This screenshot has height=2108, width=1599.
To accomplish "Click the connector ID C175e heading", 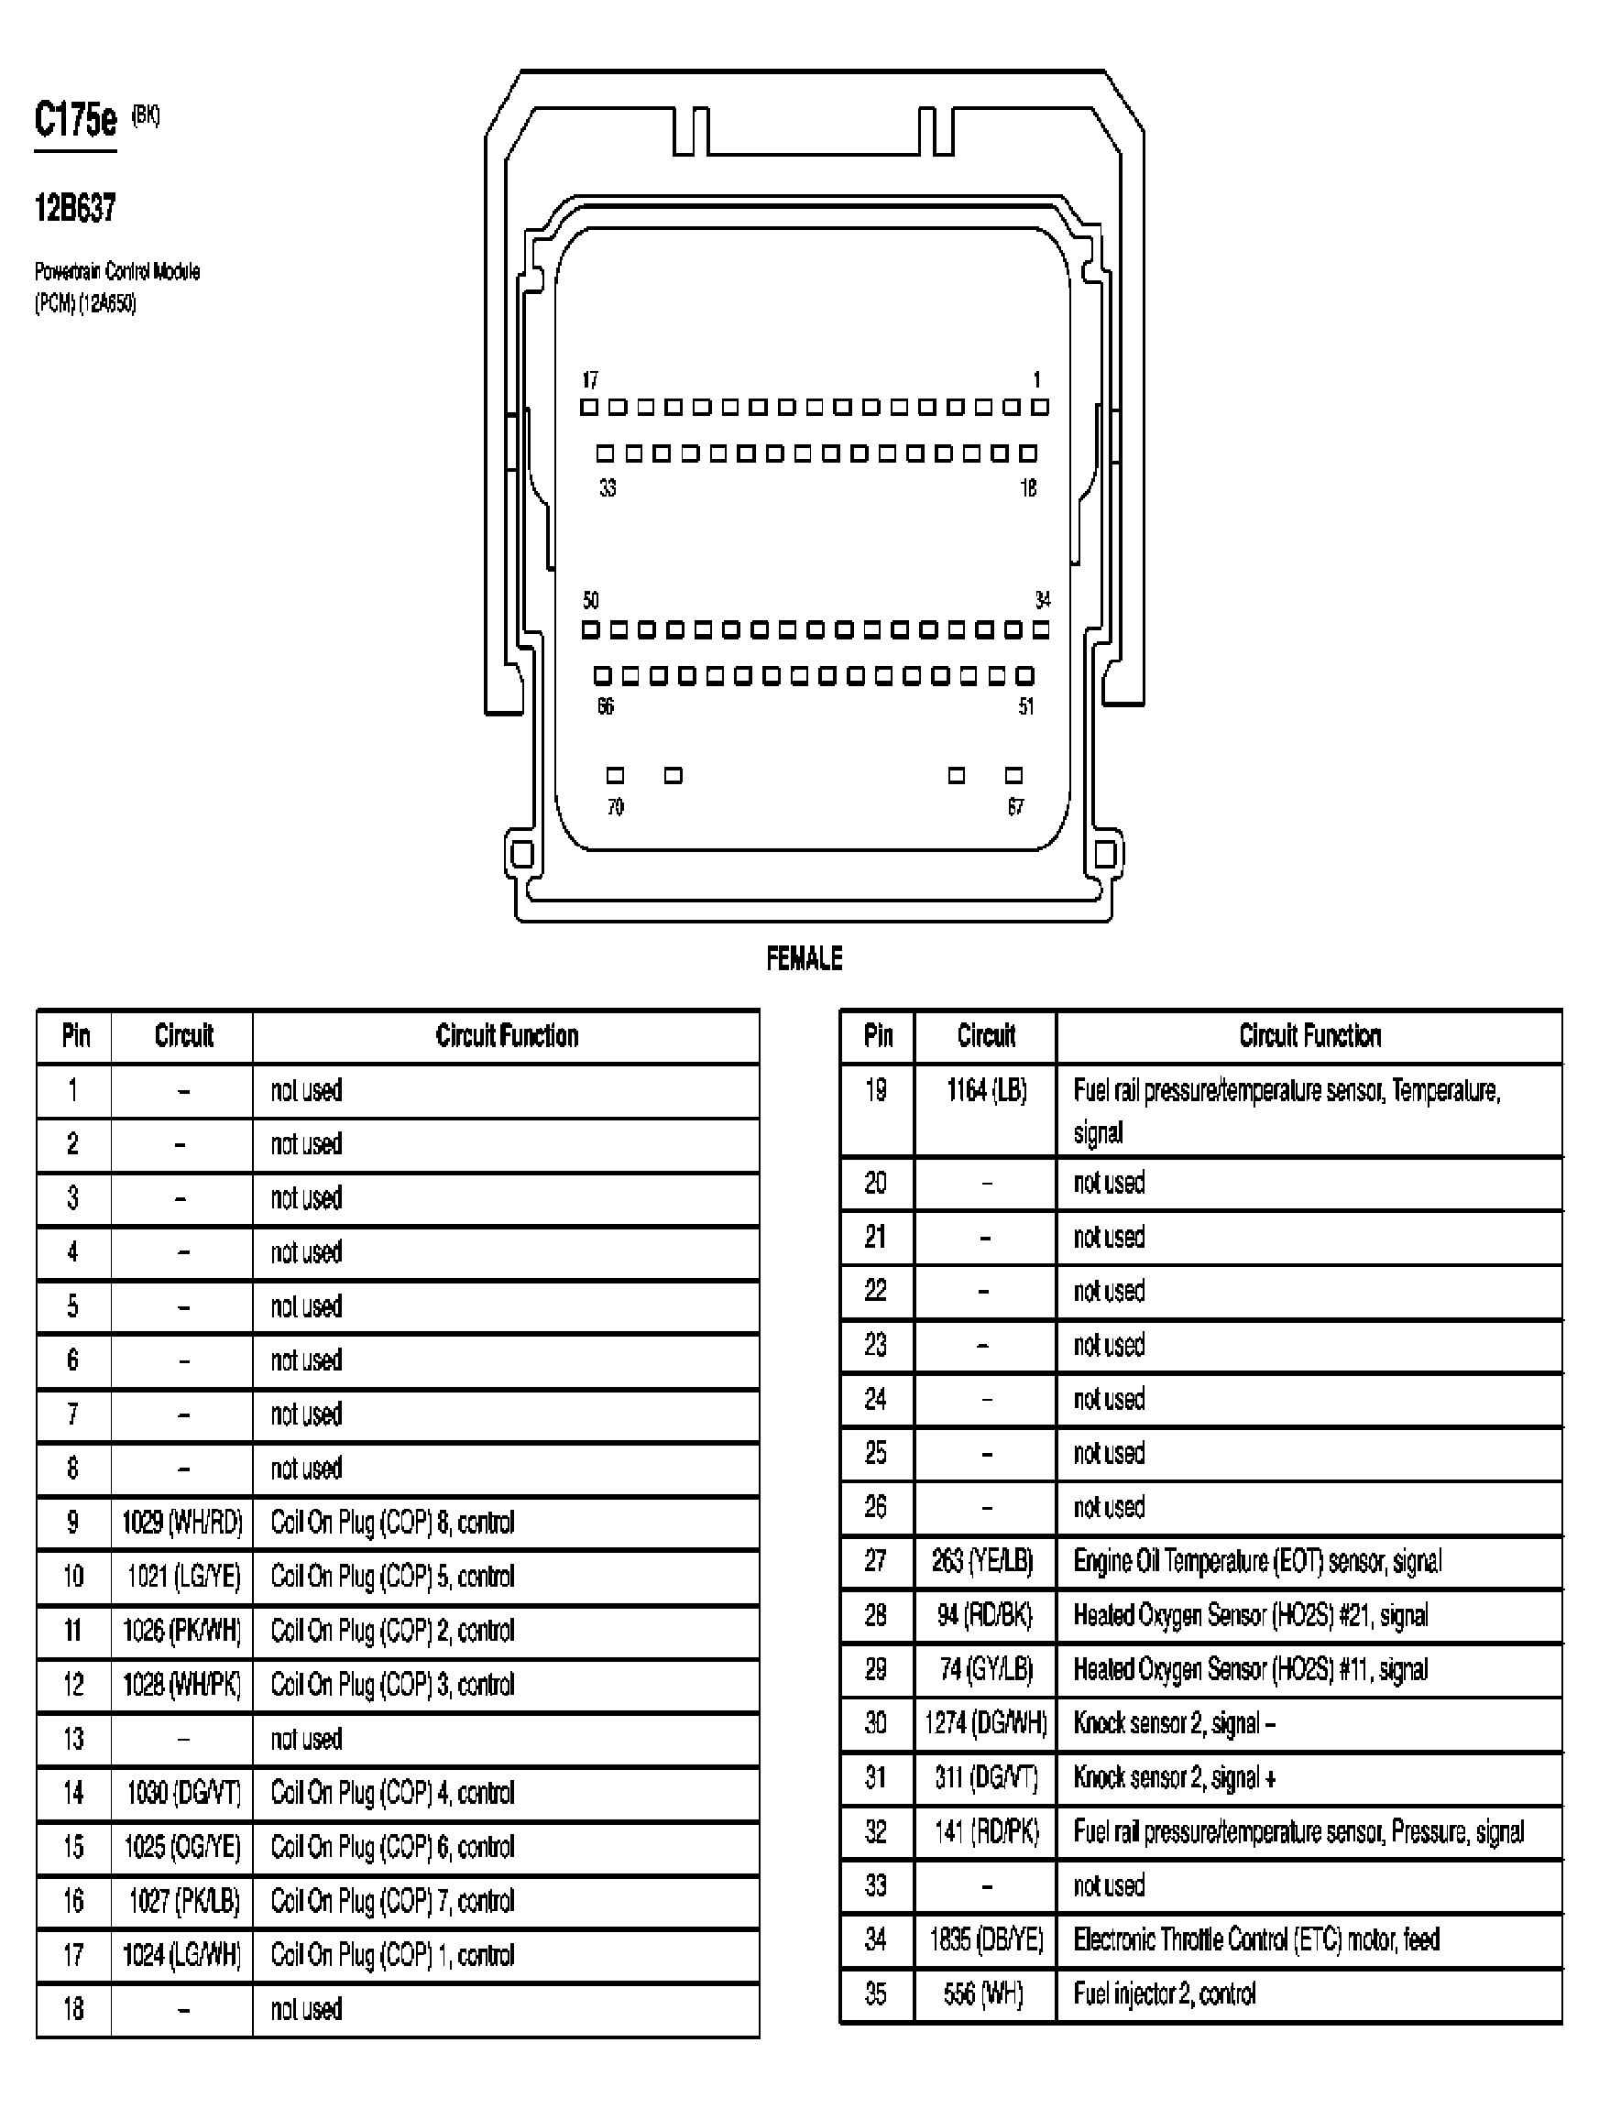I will (75, 120).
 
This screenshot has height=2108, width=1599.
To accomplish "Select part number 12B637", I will (75, 208).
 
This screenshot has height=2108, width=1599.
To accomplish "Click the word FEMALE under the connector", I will (805, 957).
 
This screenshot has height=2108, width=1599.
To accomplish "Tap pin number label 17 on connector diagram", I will (590, 380).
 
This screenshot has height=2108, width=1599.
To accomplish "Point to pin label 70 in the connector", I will (616, 807).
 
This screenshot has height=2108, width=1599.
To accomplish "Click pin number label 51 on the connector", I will (1025, 706).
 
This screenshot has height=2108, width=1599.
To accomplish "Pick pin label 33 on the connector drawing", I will (608, 488).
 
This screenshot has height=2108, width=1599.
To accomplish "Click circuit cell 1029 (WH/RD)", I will (182, 1522).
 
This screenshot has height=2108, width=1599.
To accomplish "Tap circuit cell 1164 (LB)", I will (986, 1090).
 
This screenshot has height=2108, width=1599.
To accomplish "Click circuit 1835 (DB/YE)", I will (986, 1939).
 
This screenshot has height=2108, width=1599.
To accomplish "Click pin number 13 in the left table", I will (73, 1739).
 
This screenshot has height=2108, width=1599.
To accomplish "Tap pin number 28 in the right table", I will (876, 1615).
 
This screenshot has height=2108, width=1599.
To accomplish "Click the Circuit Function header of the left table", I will (507, 1036).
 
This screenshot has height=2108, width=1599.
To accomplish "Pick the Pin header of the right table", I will (878, 1036).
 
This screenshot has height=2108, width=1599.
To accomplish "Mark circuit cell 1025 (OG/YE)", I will (182, 1847).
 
